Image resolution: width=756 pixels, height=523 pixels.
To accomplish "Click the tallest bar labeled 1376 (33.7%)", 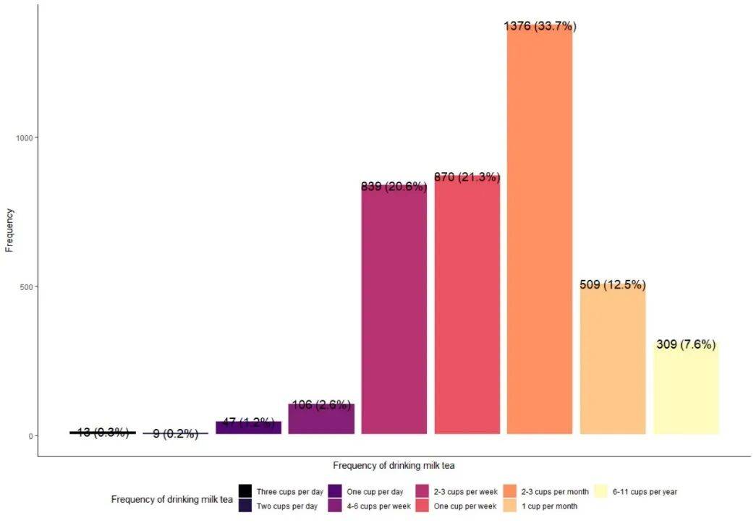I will pos(539,231).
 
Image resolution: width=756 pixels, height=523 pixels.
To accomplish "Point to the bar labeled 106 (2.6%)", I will pos(320,420).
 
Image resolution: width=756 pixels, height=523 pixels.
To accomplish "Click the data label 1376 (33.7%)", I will pos(540,26).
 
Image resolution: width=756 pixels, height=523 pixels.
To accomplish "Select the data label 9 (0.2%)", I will pos(175,433).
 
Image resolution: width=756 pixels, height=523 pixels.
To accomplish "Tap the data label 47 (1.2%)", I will pos(249,422).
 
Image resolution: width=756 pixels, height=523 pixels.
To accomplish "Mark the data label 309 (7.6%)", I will pos(686,344).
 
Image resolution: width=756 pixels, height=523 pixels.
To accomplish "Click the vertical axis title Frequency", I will pos(9,230).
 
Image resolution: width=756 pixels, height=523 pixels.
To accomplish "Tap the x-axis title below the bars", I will pos(394,465).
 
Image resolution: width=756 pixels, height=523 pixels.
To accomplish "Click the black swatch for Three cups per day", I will pos(245,492).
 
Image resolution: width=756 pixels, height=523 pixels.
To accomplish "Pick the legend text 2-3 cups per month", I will pos(555,492).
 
